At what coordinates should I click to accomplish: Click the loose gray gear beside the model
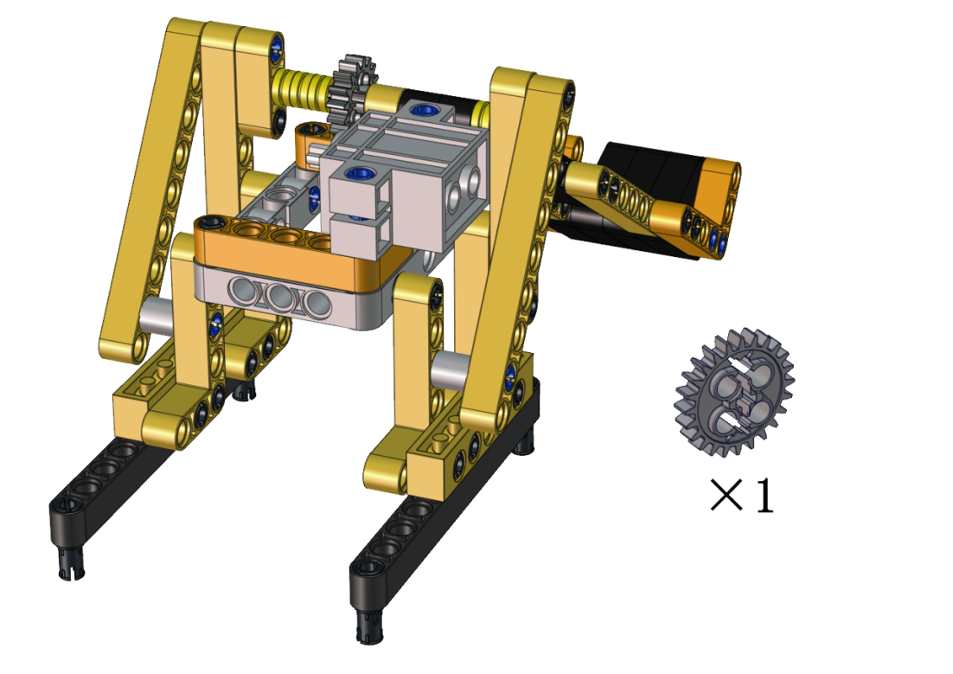734,393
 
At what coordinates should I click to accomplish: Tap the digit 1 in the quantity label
763,494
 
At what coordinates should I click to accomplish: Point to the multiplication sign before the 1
726,495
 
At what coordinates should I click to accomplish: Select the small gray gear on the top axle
351,89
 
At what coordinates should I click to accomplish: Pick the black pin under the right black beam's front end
369,626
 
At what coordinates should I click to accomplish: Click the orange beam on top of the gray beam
267,243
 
